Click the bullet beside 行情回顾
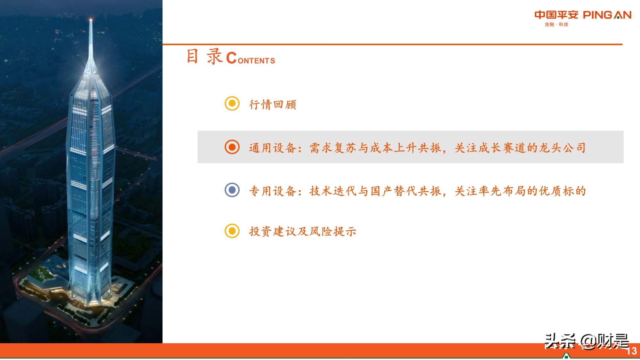pos(232,103)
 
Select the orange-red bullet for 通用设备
pos(232,147)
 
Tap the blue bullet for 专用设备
pos(232,190)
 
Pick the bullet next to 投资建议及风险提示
pos(232,231)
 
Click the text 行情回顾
pos(273,104)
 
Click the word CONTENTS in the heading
pos(251,59)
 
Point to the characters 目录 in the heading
pos(204,57)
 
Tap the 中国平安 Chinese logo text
pos(556,15)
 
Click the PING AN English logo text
pos(607,15)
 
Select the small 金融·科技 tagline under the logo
pos(556,25)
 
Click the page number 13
pos(631,351)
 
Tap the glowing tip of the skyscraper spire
pos(91,20)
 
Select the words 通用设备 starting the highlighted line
pos(273,148)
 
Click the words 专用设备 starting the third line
pos(273,191)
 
